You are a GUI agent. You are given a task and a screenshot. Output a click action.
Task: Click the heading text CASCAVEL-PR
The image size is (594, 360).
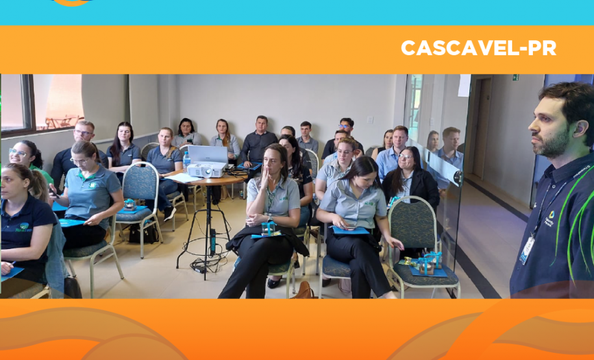click(x=478, y=49)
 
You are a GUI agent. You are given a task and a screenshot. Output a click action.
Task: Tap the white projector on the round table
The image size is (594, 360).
click(x=206, y=170)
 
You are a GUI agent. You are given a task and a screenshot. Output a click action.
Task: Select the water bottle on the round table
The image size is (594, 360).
click(x=186, y=160)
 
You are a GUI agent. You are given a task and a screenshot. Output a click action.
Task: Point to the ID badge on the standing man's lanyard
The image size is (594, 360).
click(x=527, y=250)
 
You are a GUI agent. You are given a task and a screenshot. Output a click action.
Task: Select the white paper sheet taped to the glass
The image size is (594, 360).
click(x=464, y=86)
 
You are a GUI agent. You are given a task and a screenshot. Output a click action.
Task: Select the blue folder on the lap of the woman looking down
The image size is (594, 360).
click(x=351, y=230)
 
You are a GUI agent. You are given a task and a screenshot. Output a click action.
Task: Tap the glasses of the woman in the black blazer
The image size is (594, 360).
click(x=406, y=157)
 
